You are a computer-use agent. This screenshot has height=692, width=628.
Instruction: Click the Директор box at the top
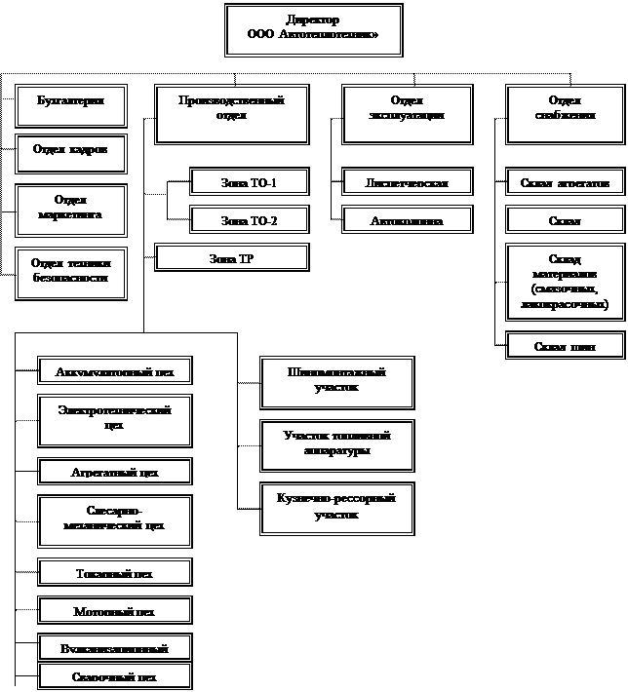[x=313, y=28]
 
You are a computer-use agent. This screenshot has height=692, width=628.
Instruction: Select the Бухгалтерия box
[x=71, y=104]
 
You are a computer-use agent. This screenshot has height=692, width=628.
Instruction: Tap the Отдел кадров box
[x=71, y=152]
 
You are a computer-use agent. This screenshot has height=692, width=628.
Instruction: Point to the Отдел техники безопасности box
[x=71, y=272]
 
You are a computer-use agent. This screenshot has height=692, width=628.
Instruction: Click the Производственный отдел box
[x=232, y=114]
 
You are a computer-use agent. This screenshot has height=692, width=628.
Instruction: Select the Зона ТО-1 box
[x=249, y=182]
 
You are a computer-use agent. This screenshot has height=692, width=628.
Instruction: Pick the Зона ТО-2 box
[x=249, y=221]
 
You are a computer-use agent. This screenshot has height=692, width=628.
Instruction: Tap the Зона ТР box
[x=232, y=257]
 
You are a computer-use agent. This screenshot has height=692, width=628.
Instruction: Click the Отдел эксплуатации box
[x=406, y=114]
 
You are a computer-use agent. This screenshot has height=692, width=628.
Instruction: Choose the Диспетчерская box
[x=407, y=182]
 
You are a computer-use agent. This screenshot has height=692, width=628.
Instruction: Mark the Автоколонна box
[x=407, y=221]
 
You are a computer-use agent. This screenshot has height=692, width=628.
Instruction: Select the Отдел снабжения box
[x=565, y=114]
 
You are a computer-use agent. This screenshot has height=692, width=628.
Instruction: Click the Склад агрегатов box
[x=565, y=182]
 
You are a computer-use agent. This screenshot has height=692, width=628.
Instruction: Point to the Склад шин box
[x=565, y=346]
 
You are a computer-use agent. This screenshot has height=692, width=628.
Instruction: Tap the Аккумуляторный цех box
[x=114, y=371]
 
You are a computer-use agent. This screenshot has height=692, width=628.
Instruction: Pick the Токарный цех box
[x=114, y=573]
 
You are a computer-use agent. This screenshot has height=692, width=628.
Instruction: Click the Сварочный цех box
[x=114, y=676]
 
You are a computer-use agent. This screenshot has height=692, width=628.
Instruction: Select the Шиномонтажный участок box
[x=336, y=381]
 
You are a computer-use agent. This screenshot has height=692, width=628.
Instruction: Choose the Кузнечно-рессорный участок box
[x=336, y=507]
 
